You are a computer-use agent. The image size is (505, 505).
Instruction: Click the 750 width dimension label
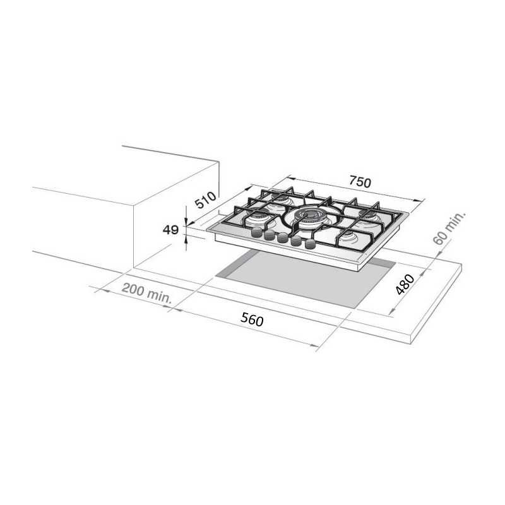[360, 182]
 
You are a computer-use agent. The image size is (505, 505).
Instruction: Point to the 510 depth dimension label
[206, 200]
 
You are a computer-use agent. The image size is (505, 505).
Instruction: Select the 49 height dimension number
[170, 230]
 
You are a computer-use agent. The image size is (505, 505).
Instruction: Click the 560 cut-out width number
[252, 320]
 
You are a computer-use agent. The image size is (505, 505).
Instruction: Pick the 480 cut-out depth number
[405, 284]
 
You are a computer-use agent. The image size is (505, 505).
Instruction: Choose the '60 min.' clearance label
[449, 228]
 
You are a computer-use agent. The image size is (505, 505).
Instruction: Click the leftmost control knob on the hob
[256, 232]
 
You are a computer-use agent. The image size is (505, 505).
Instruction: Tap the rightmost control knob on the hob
[310, 244]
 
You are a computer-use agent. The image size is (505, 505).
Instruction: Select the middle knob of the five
[282, 238]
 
